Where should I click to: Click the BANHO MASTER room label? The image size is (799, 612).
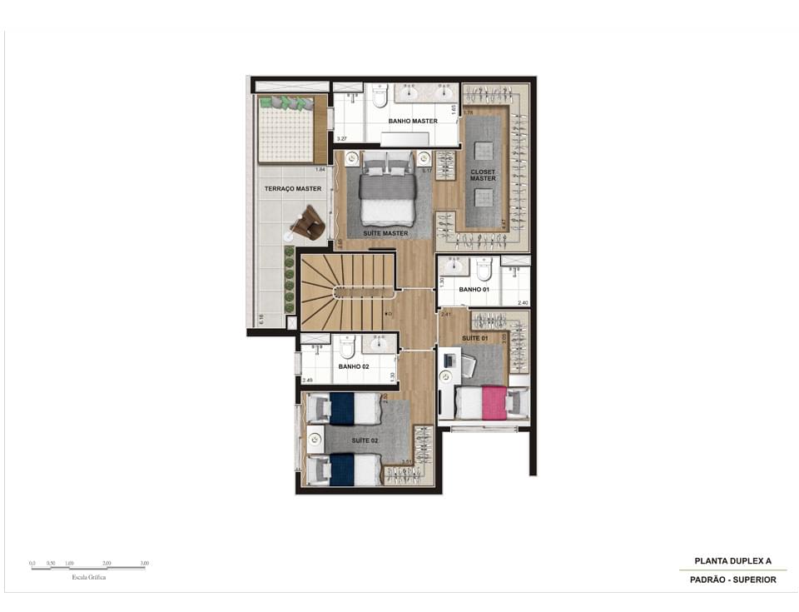tap(413, 122)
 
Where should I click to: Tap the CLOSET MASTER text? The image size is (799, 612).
tap(483, 175)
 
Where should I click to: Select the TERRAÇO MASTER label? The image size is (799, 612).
tap(293, 189)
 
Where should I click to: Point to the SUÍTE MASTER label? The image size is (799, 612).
tap(385, 233)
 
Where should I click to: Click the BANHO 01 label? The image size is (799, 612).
tap(474, 290)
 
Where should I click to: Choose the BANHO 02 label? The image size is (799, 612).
tap(353, 366)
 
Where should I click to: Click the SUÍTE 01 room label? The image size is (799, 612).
tap(475, 339)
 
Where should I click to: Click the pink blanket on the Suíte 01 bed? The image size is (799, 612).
tap(494, 402)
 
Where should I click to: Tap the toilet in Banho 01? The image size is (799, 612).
tap(484, 269)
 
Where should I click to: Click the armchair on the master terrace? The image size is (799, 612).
tap(307, 222)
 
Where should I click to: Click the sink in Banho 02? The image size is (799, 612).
tap(380, 344)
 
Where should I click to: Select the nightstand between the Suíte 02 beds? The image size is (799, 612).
tap(315, 439)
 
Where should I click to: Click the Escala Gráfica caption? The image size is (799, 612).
tap(89, 576)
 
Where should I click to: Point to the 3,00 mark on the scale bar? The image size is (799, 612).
tap(145, 564)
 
